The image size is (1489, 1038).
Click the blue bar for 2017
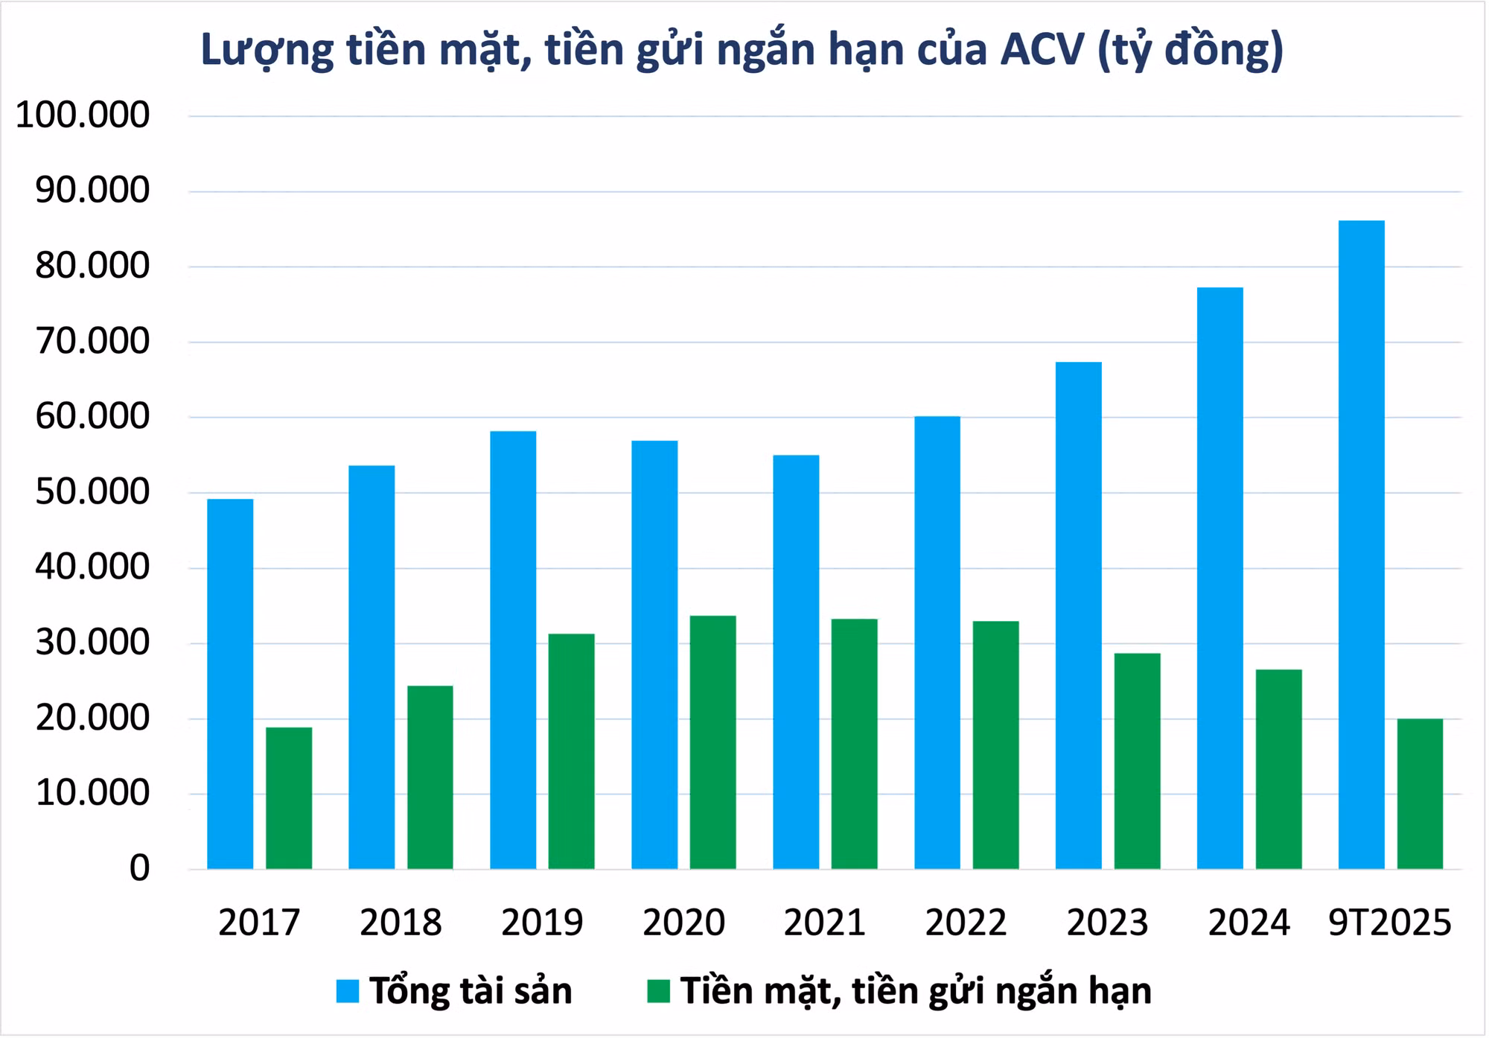click(230, 684)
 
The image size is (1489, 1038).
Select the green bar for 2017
click(289, 797)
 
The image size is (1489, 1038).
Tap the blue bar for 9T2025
click(1361, 544)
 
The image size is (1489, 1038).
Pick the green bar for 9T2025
click(1420, 794)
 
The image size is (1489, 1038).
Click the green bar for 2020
click(712, 742)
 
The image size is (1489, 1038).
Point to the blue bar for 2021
click(796, 662)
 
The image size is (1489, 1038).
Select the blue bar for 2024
click(1219, 578)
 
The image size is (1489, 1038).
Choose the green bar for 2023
click(1137, 761)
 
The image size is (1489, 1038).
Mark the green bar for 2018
click(430, 777)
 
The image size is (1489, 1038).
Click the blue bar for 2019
click(513, 650)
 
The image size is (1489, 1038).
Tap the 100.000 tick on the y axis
click(83, 115)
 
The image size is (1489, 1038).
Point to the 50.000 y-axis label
click(92, 492)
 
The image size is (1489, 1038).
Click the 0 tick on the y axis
click(139, 868)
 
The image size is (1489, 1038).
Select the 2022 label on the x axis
click(966, 923)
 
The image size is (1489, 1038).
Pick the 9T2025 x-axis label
click(1390, 923)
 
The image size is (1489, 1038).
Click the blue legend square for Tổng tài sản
click(348, 991)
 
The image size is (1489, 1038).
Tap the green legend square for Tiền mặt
click(658, 991)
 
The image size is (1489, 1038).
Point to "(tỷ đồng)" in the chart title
click(1191, 51)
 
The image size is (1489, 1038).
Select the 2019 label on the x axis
click(542, 923)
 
